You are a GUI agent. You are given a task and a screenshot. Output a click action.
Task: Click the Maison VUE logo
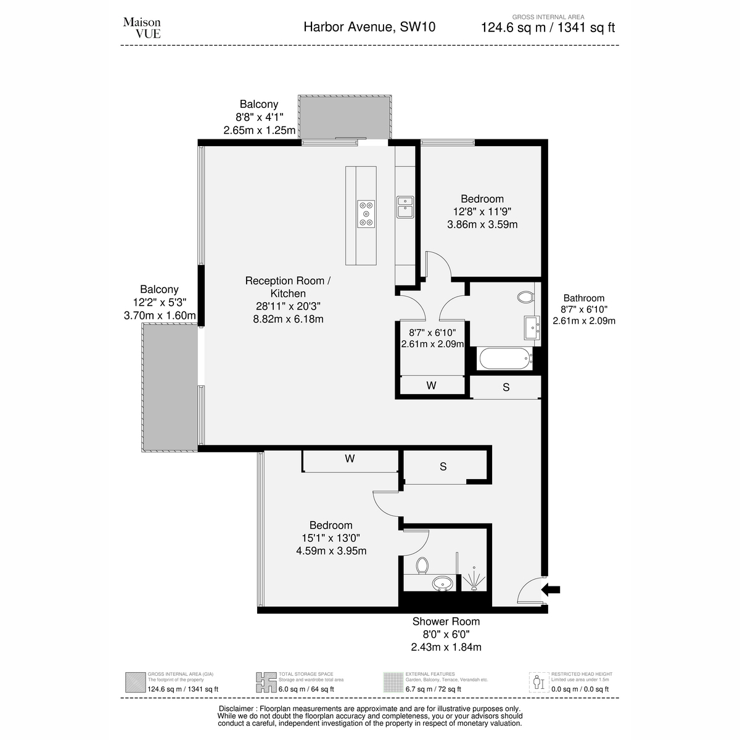142,28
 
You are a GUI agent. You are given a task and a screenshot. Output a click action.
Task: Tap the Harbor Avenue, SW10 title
369,27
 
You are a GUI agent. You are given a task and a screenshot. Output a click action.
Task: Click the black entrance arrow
551,590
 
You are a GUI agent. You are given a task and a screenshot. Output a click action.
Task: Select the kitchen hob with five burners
366,214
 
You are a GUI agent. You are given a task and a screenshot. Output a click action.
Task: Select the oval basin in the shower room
443,584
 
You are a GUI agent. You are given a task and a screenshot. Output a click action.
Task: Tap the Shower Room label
446,622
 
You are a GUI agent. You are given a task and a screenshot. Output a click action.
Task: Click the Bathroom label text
584,298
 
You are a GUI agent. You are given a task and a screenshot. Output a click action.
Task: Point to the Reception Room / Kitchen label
288,287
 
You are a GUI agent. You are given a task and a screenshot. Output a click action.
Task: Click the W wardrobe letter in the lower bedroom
350,459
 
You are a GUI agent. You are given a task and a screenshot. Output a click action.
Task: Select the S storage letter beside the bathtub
506,387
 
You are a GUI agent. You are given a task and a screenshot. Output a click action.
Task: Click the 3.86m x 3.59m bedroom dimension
482,224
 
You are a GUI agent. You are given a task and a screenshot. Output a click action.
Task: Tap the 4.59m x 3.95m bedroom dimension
331,551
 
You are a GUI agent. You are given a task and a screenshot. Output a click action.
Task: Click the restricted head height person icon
539,683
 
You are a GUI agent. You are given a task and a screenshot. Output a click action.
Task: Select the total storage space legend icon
266,683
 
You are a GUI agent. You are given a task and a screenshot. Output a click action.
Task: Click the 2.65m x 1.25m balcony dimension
259,130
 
